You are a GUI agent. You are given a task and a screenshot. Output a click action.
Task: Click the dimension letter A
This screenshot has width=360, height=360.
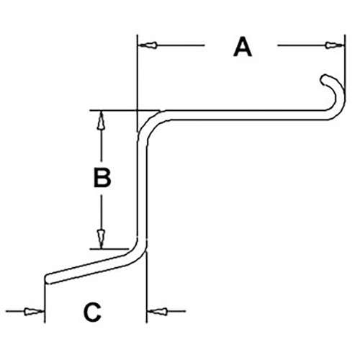pos(243,47)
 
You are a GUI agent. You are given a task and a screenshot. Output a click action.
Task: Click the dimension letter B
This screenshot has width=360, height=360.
pos(102,178)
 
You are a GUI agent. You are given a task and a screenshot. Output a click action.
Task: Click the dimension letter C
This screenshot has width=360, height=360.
pos(92,312)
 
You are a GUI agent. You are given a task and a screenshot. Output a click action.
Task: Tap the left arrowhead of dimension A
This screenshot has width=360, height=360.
pos(148,45)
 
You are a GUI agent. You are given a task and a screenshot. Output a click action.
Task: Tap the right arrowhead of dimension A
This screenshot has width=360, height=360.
pos(335,45)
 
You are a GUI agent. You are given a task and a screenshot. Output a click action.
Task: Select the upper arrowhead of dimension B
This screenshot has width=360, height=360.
pos(101,120)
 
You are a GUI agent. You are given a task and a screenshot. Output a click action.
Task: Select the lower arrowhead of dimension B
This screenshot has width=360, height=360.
pos(101,238)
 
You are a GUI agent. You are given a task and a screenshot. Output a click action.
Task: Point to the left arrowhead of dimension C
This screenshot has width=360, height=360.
pos(34,312)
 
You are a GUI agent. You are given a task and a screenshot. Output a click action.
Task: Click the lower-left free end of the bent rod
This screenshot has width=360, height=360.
pos(47,279)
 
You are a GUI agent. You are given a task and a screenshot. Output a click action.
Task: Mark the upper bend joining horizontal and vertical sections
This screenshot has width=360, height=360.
pos(149,125)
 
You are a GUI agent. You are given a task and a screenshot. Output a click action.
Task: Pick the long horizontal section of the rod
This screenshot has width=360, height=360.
pos(247,115)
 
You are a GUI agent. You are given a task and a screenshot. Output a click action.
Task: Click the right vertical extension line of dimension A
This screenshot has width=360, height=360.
pos(345,62)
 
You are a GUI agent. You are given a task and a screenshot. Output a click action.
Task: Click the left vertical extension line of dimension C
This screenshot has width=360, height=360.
pos(45,303)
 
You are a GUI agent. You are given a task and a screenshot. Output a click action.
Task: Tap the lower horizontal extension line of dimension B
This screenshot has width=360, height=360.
pos(109,249)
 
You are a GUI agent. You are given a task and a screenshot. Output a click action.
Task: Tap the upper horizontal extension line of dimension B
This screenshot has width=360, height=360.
pos(125,111)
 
